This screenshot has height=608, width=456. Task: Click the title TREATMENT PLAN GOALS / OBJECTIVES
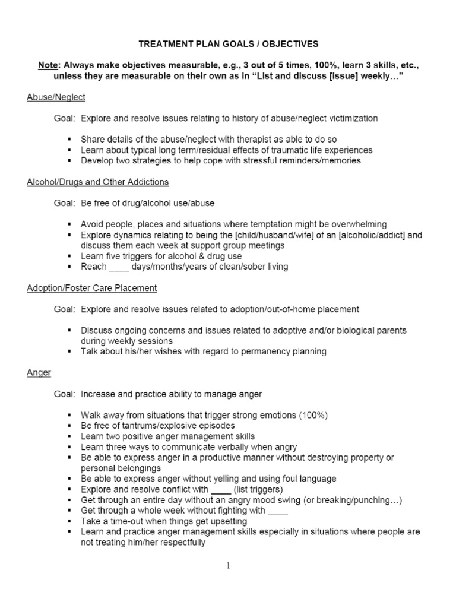(x=228, y=43)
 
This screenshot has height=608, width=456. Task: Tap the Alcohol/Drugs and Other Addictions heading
(x=98, y=182)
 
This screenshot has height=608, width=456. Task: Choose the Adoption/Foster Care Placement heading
(x=92, y=288)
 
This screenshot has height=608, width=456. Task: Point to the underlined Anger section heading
(x=39, y=372)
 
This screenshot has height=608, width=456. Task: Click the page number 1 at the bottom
(x=228, y=565)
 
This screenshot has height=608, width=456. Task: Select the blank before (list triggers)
(x=220, y=490)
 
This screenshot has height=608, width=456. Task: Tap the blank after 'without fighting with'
(x=278, y=511)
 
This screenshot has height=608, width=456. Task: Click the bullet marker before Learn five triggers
(x=71, y=256)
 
